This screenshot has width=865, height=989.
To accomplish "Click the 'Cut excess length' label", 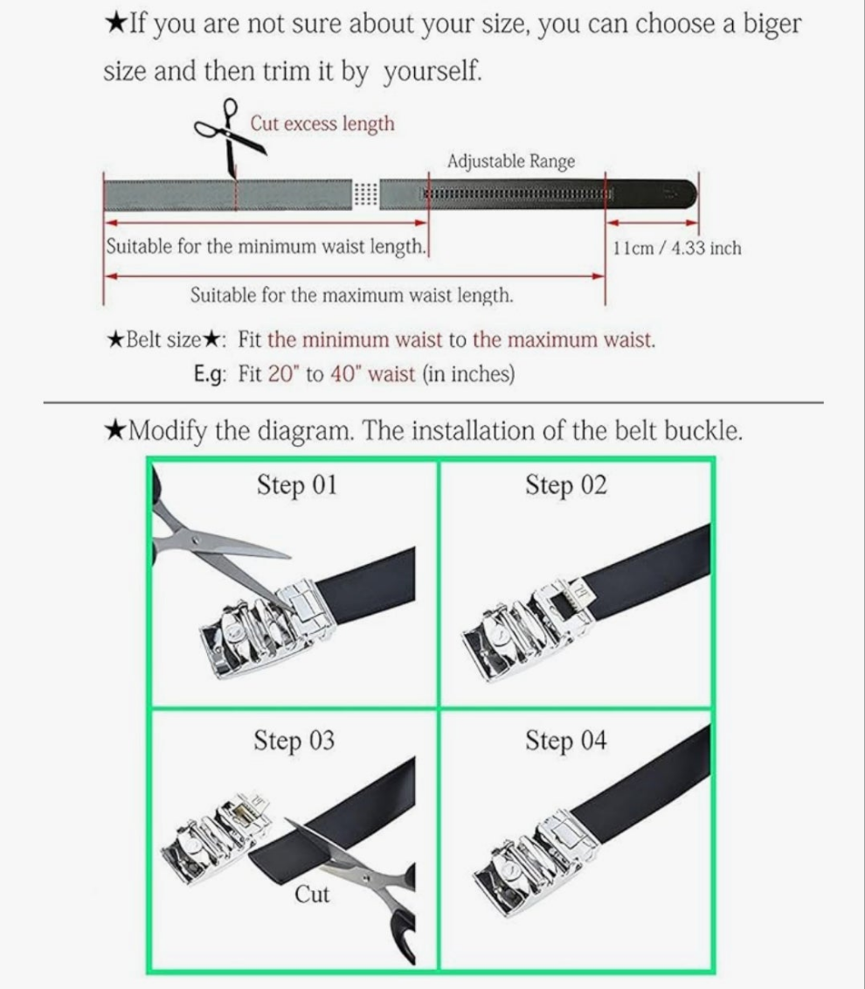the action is coord(322,123).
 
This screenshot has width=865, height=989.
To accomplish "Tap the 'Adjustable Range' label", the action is coord(511,162).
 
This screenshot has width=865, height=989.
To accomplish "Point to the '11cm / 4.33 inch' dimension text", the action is coord(677,247).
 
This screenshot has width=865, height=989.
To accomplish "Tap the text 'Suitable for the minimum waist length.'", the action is coord(266,246).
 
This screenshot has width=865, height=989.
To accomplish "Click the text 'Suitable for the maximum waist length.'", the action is coord(351,296).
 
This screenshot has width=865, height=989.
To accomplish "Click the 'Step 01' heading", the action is coord(297,485).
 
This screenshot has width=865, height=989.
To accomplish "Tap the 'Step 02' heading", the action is coord(566,485).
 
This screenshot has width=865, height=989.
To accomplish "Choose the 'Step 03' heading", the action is coord(294,741).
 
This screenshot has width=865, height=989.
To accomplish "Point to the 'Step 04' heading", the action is coord(566,741).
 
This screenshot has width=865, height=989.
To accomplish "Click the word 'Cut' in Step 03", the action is coord(312,894).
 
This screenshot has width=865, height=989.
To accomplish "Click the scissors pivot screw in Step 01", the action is coord(196,540).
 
